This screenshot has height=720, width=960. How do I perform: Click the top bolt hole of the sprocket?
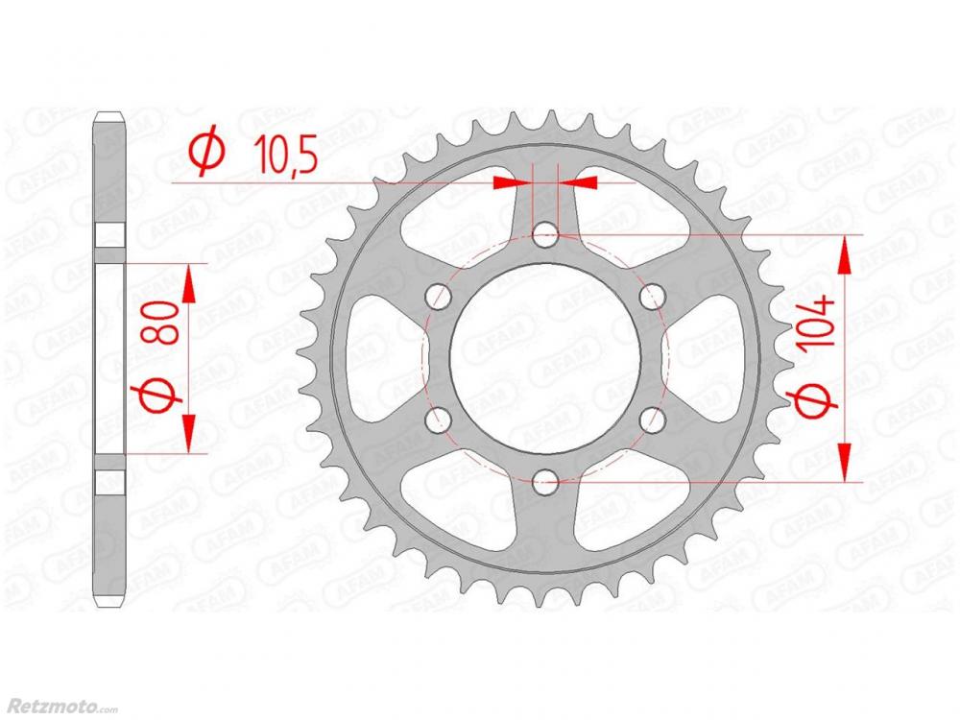tap(545, 235)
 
